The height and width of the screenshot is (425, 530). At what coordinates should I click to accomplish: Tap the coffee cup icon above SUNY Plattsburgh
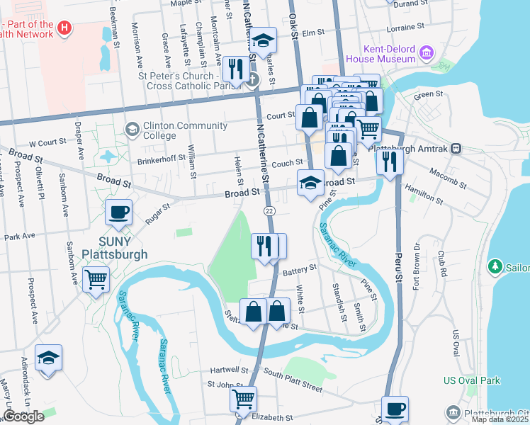(118, 212)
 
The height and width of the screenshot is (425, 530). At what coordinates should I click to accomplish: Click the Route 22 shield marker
(269, 211)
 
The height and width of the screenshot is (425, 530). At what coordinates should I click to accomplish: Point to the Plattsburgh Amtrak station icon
(456, 149)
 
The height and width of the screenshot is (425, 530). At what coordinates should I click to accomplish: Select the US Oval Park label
(471, 380)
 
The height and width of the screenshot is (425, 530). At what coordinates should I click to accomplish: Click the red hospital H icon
(64, 29)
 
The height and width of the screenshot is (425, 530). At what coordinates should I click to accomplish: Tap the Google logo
(23, 416)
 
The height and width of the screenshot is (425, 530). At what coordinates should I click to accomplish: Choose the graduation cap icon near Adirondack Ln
(48, 358)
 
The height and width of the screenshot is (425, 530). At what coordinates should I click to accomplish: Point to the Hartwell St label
(229, 370)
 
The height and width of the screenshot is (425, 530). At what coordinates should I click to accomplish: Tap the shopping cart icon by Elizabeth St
(243, 399)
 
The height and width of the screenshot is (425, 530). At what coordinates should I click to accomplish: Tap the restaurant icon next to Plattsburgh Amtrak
(389, 161)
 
